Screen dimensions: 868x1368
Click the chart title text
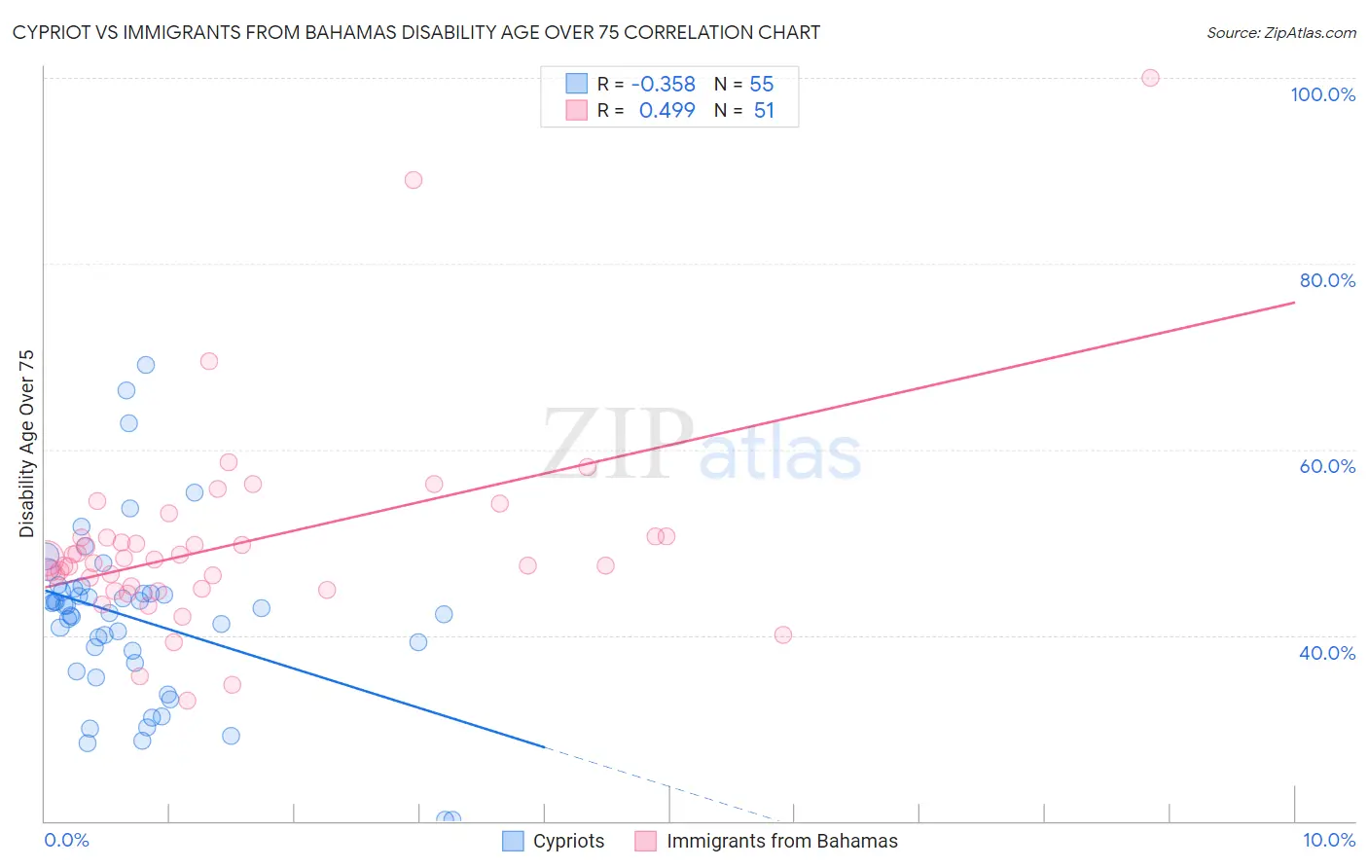coord(416,32)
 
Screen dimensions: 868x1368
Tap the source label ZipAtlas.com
coord(1280,32)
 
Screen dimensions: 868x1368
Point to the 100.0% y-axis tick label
coord(1322,94)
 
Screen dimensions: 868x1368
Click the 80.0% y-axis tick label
coord(1327,280)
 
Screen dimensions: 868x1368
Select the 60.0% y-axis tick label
coord(1327,466)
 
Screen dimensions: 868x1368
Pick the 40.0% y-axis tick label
coord(1327,653)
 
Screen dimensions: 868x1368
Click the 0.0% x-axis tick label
coord(66,840)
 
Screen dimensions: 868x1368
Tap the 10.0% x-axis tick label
coord(1328,840)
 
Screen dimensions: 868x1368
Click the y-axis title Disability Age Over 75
coord(26,444)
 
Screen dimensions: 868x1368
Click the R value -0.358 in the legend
coord(664,85)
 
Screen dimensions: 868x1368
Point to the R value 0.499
coord(666,111)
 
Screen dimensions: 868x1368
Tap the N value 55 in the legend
coord(762,85)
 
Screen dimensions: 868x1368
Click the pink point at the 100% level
coord(1150,78)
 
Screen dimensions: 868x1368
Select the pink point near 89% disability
coord(414,180)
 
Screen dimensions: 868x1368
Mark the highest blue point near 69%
coord(146,365)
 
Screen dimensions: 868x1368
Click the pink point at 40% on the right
coord(783,634)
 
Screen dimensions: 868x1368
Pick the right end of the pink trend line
coord(1294,303)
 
